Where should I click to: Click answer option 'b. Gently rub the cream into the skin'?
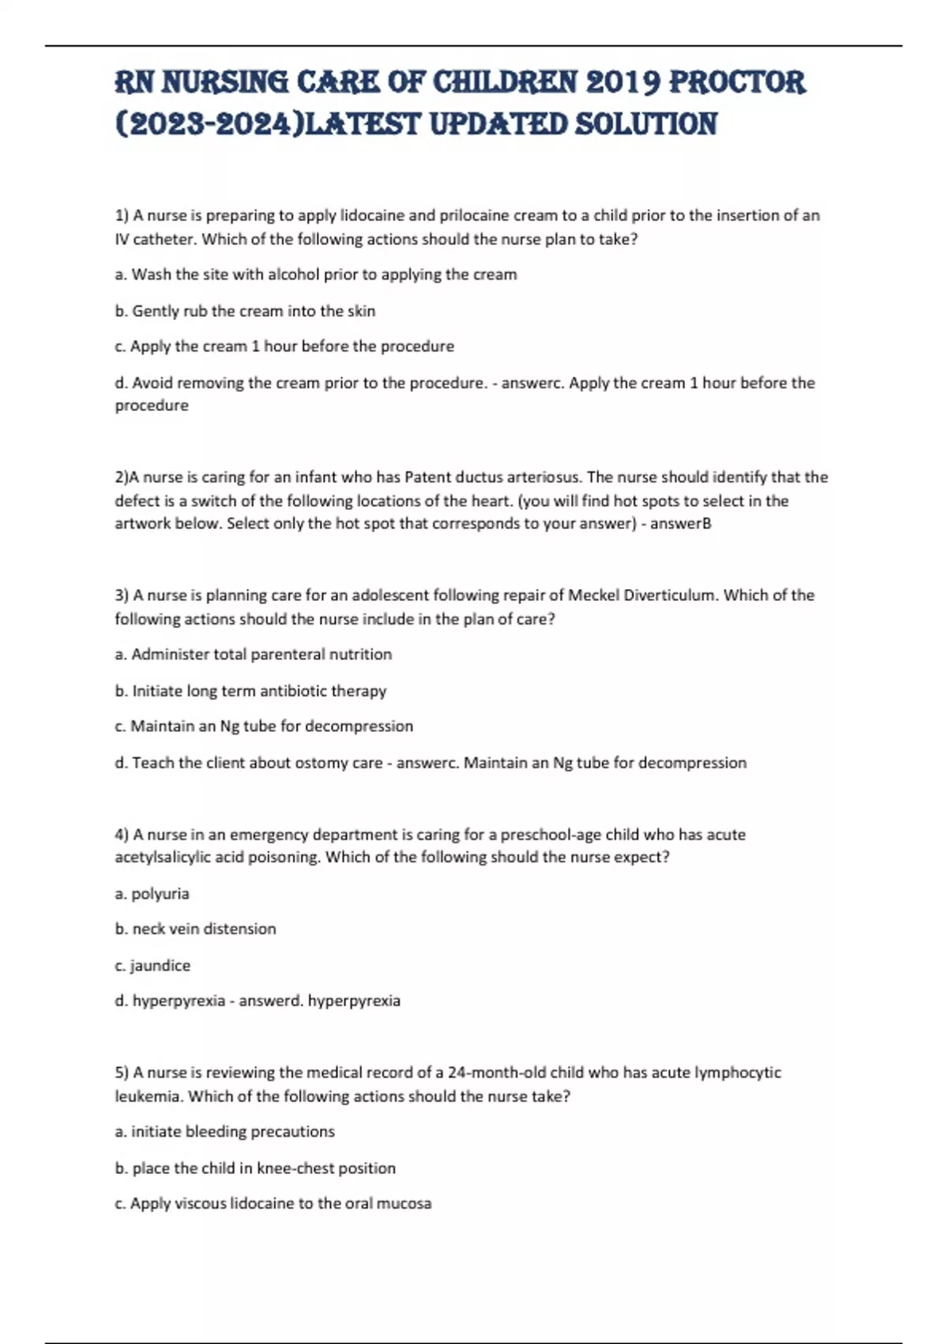pyautogui.click(x=245, y=311)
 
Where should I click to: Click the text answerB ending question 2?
pyautogui.click(x=680, y=523)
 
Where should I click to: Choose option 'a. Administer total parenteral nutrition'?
pyautogui.click(x=253, y=654)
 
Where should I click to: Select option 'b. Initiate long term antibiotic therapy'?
pyautogui.click(x=250, y=690)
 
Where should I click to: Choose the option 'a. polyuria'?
pyautogui.click(x=152, y=893)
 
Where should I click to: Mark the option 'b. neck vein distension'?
pyautogui.click(x=195, y=929)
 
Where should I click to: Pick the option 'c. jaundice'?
pyautogui.click(x=152, y=965)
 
